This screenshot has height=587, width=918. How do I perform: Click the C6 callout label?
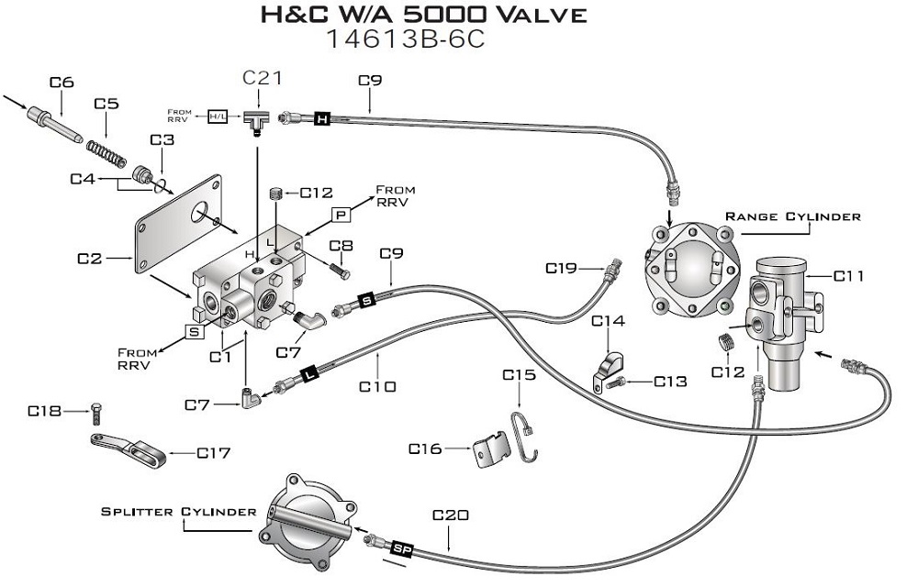coord(62,83)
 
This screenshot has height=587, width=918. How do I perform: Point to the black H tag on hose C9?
coord(321,118)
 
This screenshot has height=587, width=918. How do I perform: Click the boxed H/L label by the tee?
coord(218,117)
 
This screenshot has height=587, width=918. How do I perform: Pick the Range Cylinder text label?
coord(793,216)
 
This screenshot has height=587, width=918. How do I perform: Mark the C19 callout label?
coord(561,269)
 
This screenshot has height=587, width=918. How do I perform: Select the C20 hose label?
coord(450,515)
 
